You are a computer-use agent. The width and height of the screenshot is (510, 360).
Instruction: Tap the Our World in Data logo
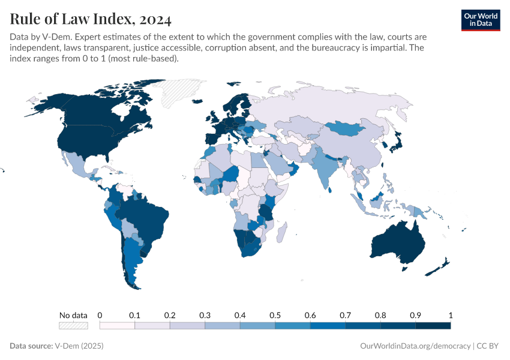point(480,19)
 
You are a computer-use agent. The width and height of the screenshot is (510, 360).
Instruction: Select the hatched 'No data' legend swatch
point(73,326)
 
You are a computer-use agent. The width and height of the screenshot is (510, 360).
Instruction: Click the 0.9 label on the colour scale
point(415,315)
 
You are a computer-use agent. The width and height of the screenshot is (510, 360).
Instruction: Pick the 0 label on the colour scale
point(100,315)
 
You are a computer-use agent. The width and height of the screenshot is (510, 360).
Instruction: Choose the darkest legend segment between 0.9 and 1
point(433,326)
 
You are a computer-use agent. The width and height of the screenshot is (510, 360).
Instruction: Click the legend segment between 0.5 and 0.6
point(292,326)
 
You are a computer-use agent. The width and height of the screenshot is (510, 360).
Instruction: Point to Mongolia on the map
point(348,128)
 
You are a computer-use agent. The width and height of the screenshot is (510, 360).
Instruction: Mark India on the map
point(327,165)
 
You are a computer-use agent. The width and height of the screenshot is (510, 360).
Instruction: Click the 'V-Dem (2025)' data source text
point(77,346)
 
